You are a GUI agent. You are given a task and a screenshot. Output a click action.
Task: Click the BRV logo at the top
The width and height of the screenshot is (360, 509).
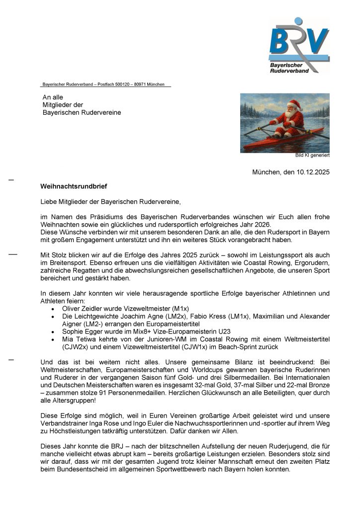tap(299, 45)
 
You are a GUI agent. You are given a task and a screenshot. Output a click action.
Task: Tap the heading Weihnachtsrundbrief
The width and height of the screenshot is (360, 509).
tap(74, 186)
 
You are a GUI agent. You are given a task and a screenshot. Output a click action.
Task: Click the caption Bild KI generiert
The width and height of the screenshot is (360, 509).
tap(312, 156)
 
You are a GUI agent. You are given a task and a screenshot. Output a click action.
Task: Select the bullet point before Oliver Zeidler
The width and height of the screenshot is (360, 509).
tap(53, 309)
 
